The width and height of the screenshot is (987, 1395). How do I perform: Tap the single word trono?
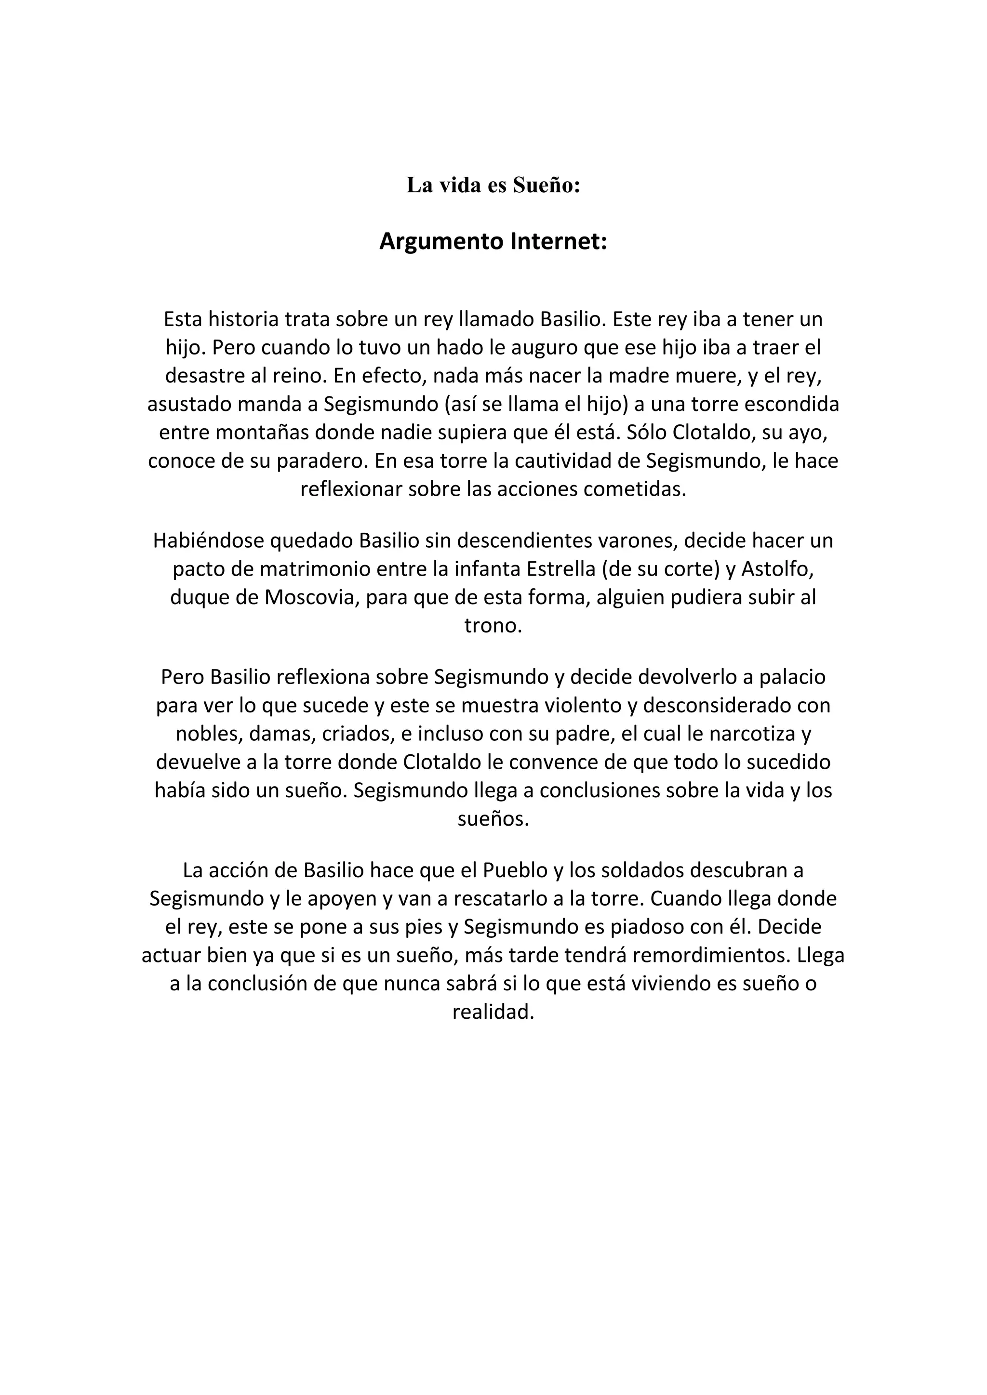point(493,626)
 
